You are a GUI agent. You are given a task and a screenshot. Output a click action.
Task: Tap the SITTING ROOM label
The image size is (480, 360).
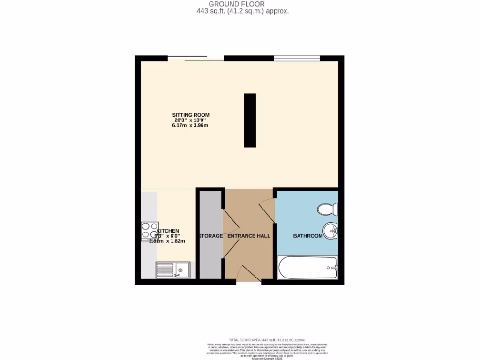tap(191, 115)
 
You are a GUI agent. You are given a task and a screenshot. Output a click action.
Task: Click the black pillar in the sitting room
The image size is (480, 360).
tap(250, 120)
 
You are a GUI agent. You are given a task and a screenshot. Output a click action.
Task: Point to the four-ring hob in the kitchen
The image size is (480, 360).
tap(150, 231)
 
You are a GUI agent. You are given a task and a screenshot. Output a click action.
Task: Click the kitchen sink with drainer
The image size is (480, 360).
tap(172, 270)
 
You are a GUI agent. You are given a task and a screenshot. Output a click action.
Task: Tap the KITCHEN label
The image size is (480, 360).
tap(168, 231)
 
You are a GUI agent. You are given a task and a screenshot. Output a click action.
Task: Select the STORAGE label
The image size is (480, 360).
tap(210, 236)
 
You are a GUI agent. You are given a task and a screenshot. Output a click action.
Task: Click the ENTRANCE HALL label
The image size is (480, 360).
tap(249, 236)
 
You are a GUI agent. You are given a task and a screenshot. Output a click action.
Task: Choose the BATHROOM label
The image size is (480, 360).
tap(308, 236)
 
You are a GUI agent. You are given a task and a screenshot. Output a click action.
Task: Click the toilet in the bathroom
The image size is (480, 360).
tap(327, 208)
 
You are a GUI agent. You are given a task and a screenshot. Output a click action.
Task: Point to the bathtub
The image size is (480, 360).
tap(307, 268)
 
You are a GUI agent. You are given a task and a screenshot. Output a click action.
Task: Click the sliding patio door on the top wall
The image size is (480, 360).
tap(196, 59)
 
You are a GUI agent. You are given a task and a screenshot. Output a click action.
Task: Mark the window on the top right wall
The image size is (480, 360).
tap(297, 58)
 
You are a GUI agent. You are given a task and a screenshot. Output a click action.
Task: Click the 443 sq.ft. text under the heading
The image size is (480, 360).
tap(243, 11)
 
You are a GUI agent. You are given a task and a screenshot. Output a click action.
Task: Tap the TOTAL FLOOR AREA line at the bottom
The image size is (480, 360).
tap(267, 340)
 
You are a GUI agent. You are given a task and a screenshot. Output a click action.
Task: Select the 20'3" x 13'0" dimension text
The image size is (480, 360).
tap(191, 120)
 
